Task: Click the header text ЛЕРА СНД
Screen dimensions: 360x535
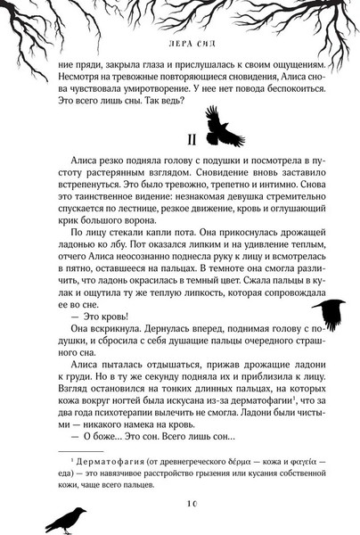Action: coord(179,40)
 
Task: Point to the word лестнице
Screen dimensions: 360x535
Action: coord(132,206)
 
